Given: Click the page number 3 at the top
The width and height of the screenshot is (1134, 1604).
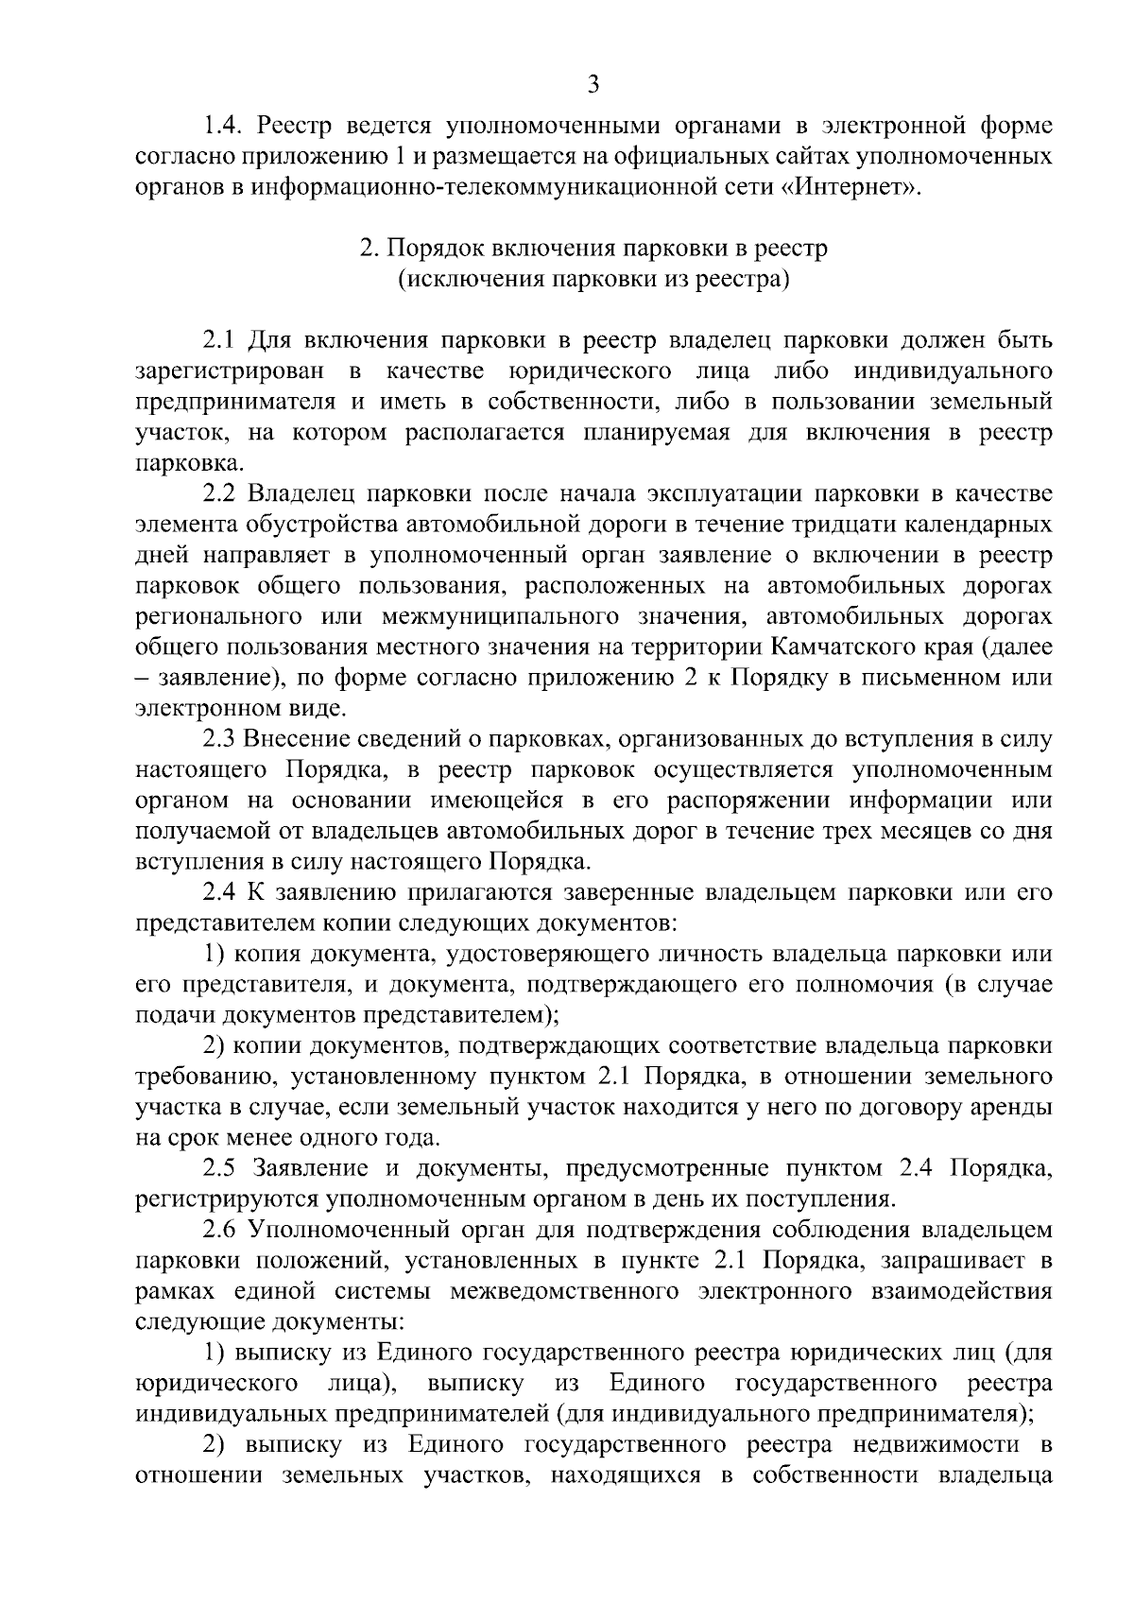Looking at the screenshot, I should click(x=593, y=84).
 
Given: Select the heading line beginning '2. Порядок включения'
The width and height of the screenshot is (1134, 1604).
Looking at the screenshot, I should click(x=593, y=249).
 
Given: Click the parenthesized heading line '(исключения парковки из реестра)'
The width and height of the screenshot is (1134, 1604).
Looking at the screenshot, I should click(x=593, y=280).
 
